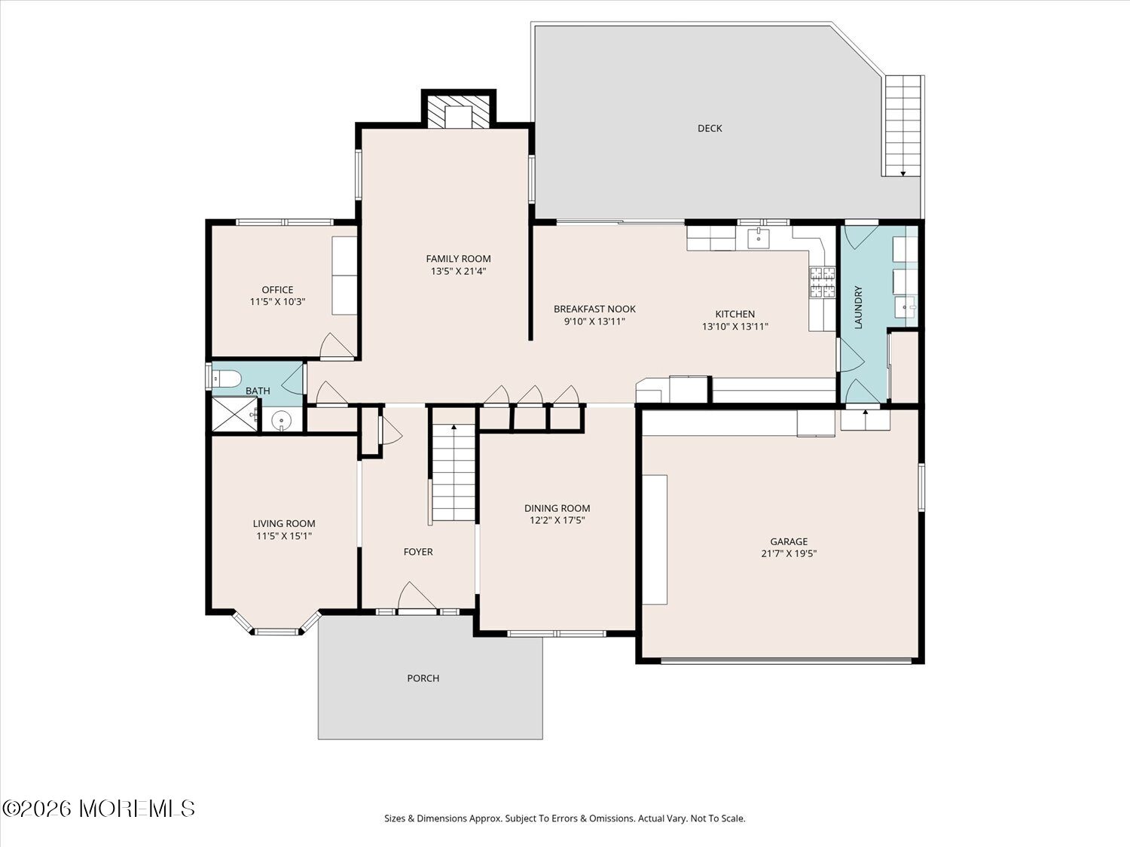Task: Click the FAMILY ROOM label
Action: pos(458,259)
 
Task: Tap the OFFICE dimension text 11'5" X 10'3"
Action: pos(277,302)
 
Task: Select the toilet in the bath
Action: pos(227,379)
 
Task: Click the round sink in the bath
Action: pos(281,421)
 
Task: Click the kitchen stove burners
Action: pos(822,282)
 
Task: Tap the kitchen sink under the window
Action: pos(759,239)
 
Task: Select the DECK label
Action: pos(710,128)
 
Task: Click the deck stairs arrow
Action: pos(903,174)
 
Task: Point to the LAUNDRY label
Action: pos(858,307)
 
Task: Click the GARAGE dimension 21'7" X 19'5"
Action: pos(789,554)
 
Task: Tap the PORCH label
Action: pos(423,678)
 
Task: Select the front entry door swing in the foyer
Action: pos(417,596)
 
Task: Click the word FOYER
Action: pos(418,552)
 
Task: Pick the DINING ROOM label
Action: pos(557,508)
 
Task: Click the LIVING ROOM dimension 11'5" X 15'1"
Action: pos(284,536)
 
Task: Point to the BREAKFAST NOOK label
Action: pos(594,309)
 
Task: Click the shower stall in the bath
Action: pos(235,414)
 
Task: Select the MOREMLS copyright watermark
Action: pos(98,809)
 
